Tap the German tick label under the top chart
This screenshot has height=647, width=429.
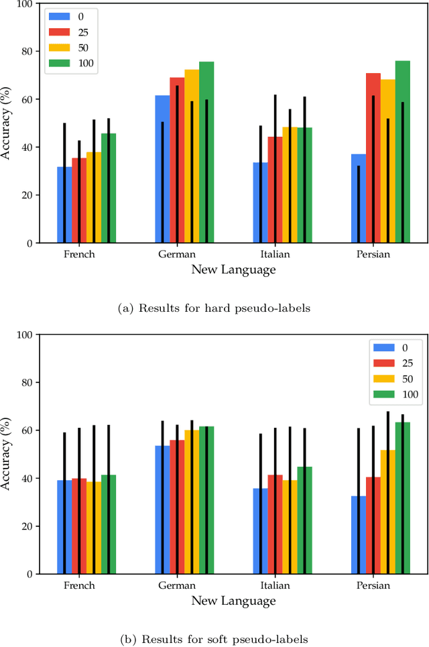(177, 255)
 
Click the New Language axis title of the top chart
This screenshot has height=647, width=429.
(233, 270)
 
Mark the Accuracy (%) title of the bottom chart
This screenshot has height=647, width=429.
(7, 455)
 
